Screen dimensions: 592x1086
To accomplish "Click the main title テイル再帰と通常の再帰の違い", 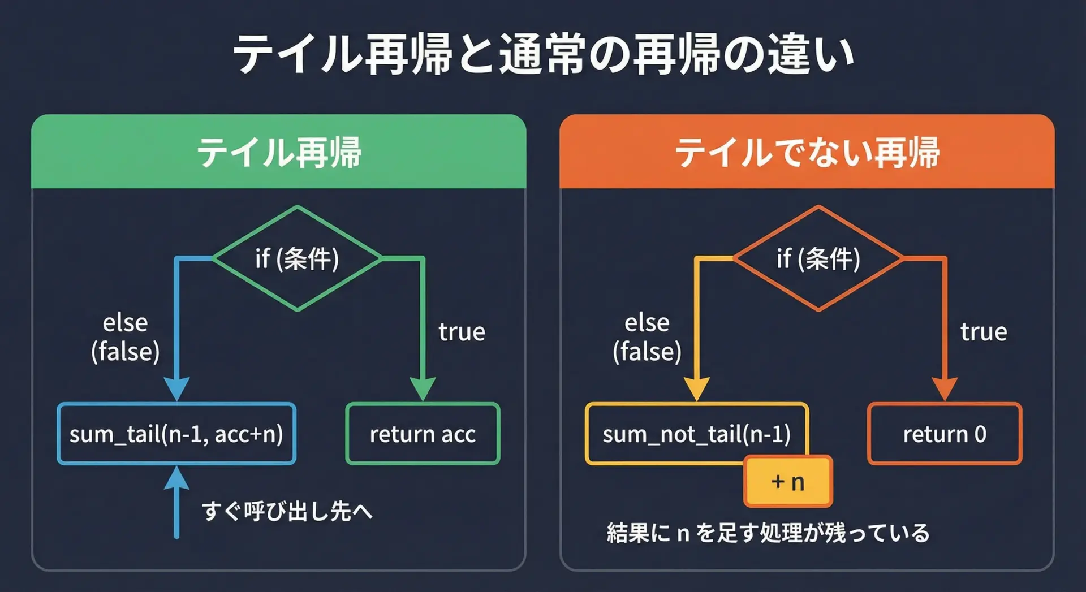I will coord(543,55).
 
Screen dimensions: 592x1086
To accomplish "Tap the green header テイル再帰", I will coord(279,153).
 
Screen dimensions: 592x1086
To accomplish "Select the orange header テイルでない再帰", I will coord(807,153).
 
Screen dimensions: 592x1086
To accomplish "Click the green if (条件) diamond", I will coord(297,258).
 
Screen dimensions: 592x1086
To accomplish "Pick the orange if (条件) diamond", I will coord(818,258).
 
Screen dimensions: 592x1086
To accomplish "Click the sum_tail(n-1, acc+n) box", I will coord(176,434).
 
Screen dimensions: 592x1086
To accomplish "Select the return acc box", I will coord(423,434).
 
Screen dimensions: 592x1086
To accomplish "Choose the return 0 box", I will coord(945,434).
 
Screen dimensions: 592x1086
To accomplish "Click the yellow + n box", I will coord(788,482).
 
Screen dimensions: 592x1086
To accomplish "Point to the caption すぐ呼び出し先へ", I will coord(287,511).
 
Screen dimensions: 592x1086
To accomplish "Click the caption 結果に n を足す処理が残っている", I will coord(768,533).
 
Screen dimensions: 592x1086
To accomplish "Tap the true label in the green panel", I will coord(462,332).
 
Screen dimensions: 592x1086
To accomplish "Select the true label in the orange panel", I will coord(984,332).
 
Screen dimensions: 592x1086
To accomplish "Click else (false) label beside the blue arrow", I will coord(125,338).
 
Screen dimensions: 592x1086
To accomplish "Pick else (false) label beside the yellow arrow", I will coord(647,338).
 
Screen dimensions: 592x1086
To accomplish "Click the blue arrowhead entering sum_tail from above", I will coord(176,389).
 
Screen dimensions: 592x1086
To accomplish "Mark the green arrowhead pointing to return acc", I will coord(423,389).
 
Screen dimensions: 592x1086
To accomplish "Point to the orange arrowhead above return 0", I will coord(945,389).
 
